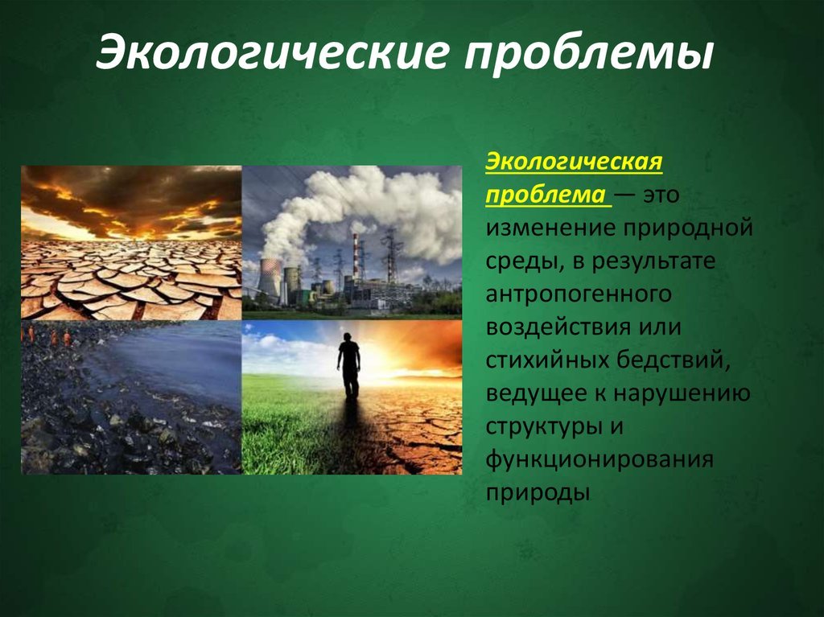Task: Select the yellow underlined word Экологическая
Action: pyautogui.click(x=574, y=162)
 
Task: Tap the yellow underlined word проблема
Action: pyautogui.click(x=546, y=195)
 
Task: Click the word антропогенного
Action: pyautogui.click(x=579, y=295)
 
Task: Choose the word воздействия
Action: pyautogui.click(x=558, y=327)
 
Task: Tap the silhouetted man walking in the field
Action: pyautogui.click(x=348, y=366)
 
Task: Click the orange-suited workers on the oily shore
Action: pyautogui.click(x=50, y=336)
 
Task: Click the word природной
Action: pyautogui.click(x=689, y=229)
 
